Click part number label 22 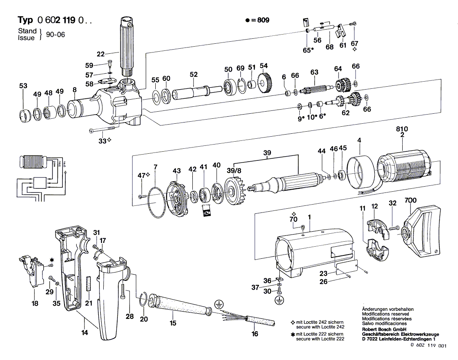[x=100, y=54]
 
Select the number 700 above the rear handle [x=410, y=201]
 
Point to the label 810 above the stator [x=402, y=129]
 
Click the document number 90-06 [x=55, y=35]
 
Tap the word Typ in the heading [x=26, y=20]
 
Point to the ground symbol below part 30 [x=279, y=299]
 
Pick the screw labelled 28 [x=124, y=290]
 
